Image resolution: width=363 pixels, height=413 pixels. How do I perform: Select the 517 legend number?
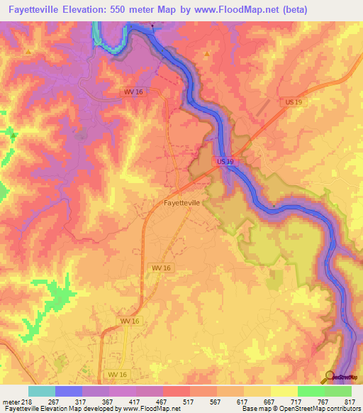click(190, 402)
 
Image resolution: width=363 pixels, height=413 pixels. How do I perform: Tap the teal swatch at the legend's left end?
click(42, 391)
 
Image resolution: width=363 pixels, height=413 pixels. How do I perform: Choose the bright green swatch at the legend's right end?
click(338, 391)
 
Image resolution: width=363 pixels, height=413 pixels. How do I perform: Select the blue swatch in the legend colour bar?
click(69, 391)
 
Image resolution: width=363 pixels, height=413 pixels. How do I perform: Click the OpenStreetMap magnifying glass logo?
click(330, 376)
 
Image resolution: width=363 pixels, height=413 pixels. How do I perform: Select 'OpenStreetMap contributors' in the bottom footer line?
click(322, 409)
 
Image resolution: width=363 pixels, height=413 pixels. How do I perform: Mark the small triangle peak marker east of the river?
click(207, 54)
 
